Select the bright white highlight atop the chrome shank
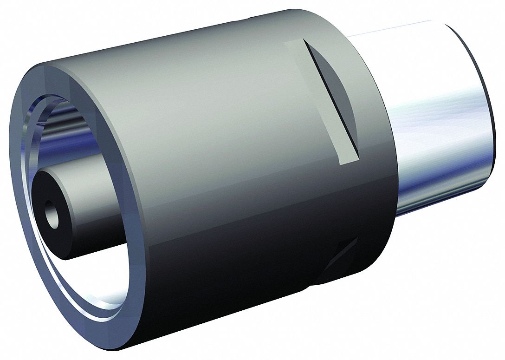408,37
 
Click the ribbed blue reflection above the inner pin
70,125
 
